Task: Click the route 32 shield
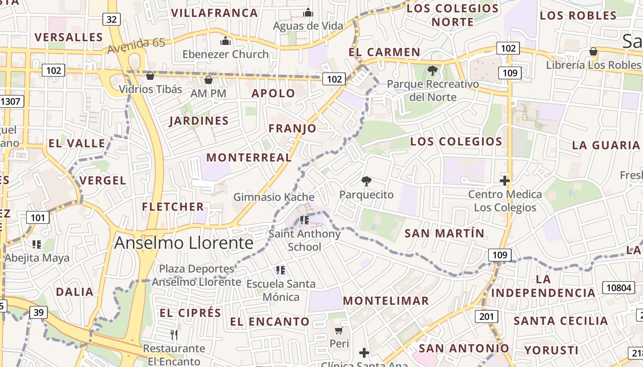(x=112, y=19)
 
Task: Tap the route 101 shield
(x=38, y=217)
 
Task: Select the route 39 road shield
(x=39, y=313)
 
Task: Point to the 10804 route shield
(x=618, y=288)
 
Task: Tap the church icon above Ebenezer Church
(x=225, y=41)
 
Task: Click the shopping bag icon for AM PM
(x=209, y=80)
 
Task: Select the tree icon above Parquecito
(x=366, y=181)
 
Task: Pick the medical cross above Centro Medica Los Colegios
(x=505, y=181)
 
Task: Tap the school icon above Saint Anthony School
(x=305, y=220)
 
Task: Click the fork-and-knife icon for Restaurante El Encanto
(x=174, y=335)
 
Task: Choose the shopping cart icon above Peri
(x=339, y=330)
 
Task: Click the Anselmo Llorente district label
(x=184, y=243)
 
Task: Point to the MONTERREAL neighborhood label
(x=249, y=157)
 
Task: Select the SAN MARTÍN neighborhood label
(x=444, y=233)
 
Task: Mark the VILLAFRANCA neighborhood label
(x=214, y=13)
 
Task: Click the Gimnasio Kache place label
(x=274, y=197)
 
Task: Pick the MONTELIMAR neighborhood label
(x=386, y=300)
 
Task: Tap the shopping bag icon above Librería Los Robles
(x=593, y=51)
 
